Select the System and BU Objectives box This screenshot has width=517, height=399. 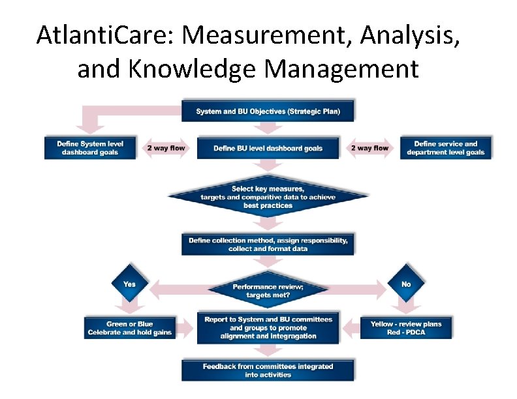tap(268, 111)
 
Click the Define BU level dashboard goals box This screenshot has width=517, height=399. tap(268, 148)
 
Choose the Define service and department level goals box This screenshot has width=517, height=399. tap(445, 148)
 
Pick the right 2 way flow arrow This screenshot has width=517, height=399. tap(369, 148)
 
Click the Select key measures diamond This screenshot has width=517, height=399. tap(268, 197)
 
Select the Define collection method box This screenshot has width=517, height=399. tap(268, 244)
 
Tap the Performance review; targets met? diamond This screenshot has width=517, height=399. tap(268, 291)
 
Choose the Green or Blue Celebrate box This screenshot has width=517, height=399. tap(129, 328)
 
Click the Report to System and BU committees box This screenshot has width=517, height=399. tap(268, 328)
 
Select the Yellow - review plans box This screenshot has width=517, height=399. tap(405, 328)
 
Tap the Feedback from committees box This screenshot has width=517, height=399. tap(268, 370)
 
